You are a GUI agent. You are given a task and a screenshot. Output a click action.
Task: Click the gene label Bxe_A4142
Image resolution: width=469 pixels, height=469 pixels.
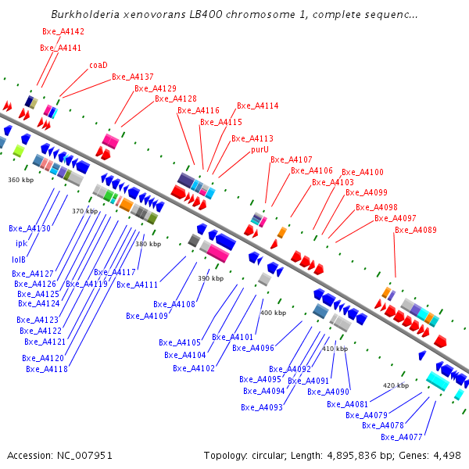coord(63,32)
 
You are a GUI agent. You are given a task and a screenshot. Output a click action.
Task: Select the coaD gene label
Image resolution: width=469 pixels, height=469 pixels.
coord(98,66)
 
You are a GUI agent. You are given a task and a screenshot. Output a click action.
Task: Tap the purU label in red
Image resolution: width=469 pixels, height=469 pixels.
coord(260,149)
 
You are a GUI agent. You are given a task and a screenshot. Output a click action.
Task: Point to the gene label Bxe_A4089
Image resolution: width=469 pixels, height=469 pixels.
coord(416,231)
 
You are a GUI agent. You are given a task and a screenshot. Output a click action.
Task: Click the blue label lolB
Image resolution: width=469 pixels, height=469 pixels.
coord(19,260)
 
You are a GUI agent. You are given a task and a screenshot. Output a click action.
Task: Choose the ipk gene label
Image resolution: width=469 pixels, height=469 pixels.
coord(21,244)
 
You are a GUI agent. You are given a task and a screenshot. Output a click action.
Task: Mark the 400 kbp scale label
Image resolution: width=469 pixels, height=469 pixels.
coord(273,313)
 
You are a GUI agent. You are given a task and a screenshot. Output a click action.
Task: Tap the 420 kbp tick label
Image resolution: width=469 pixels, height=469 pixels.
coord(396,385)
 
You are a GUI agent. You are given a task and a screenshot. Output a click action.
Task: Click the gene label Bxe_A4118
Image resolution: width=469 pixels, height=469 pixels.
coord(47,369)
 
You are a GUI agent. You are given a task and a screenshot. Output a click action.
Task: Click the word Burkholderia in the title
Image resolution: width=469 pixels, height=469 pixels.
coord(85,15)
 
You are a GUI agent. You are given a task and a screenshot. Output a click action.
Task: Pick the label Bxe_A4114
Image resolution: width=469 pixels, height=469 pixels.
coord(258,106)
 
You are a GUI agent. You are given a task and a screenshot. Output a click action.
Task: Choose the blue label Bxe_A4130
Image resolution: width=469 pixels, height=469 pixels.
coord(30,228)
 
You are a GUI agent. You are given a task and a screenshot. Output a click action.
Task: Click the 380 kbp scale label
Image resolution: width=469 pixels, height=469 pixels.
coord(149,245)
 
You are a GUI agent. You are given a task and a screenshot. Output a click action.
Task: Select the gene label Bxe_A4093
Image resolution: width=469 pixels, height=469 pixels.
coord(262,407)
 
